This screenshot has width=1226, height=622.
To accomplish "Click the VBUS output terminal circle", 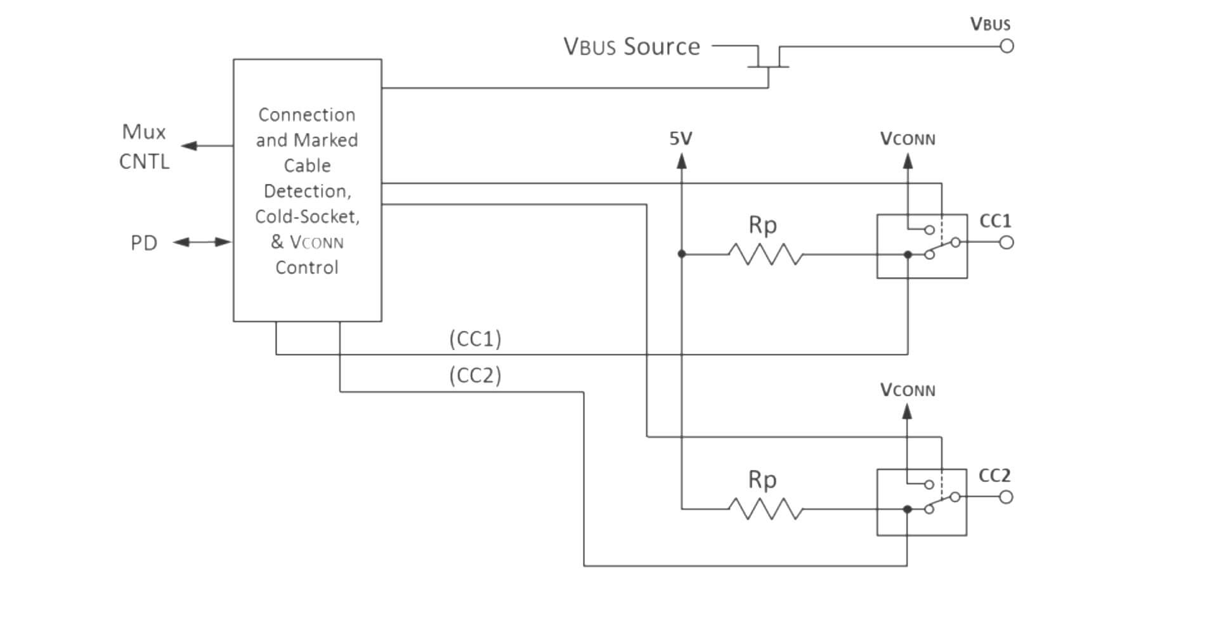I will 1007,46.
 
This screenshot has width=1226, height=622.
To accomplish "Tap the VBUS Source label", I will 631,47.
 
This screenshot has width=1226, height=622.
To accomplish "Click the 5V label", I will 681,138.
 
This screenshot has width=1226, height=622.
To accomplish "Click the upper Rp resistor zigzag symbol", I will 765,254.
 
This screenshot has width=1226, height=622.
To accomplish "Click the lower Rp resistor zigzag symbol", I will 765,509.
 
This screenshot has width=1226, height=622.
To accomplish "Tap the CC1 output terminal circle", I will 1007,242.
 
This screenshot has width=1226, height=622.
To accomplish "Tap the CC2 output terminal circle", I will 1006,497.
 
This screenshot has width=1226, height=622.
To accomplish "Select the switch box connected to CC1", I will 922,246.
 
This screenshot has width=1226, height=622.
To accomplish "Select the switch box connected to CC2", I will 921,502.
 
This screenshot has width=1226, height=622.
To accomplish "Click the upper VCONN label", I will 907,139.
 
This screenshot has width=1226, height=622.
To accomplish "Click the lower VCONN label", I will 907,390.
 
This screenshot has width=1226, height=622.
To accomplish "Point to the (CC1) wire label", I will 475,339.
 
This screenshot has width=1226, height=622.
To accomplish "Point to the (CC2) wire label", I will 475,375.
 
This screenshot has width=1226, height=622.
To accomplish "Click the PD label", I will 143,243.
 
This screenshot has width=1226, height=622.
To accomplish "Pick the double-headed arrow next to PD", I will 202,242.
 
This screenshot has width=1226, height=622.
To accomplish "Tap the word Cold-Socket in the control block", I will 307,217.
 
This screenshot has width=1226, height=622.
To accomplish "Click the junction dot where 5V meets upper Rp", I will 681,254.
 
